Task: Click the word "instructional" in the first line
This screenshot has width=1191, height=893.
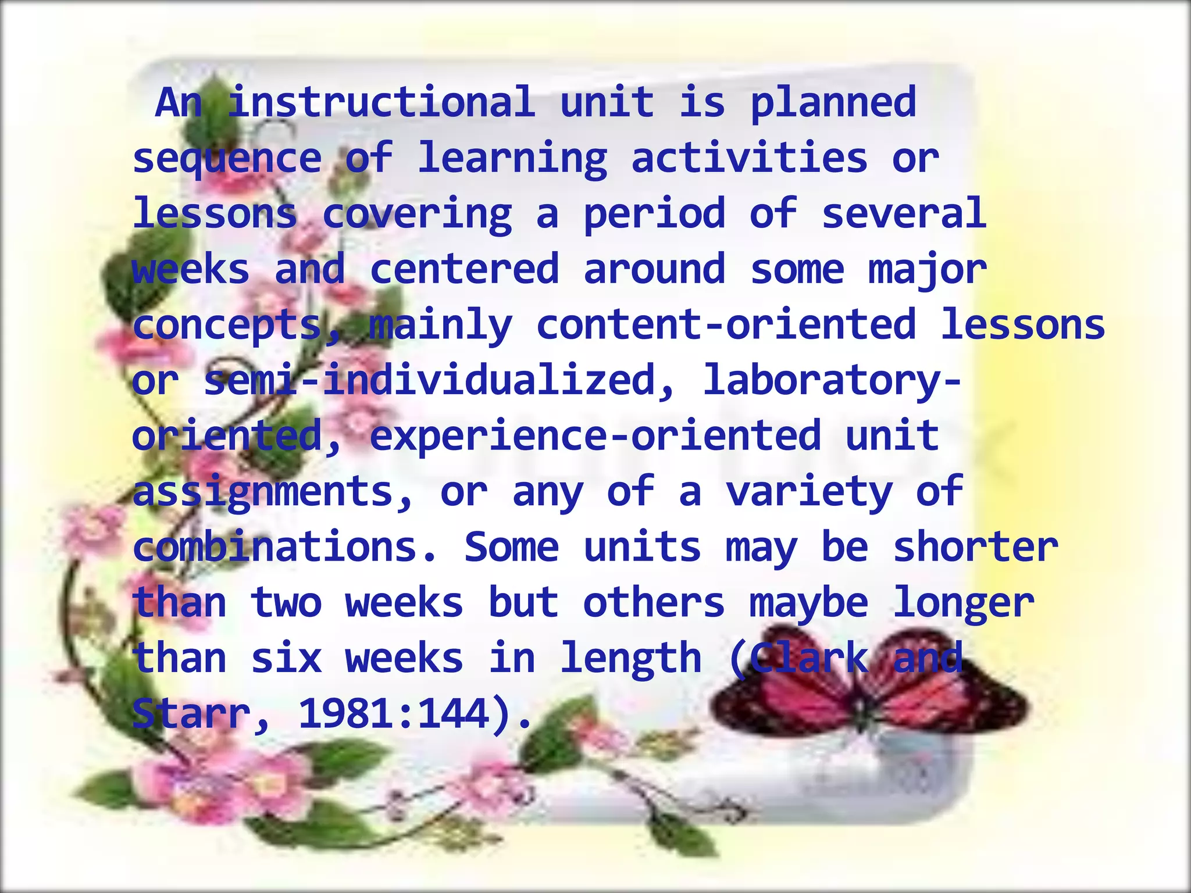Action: click(381, 102)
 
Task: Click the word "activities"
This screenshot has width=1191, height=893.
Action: click(749, 158)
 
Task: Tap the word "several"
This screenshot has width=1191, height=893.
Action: click(904, 213)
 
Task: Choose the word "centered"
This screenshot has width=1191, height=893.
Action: click(464, 269)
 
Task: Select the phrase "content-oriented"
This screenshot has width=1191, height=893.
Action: click(726, 324)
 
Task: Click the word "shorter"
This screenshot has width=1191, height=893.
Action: click(975, 546)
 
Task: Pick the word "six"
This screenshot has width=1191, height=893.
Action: click(286, 658)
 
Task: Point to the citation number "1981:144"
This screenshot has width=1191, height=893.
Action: click(394, 714)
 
